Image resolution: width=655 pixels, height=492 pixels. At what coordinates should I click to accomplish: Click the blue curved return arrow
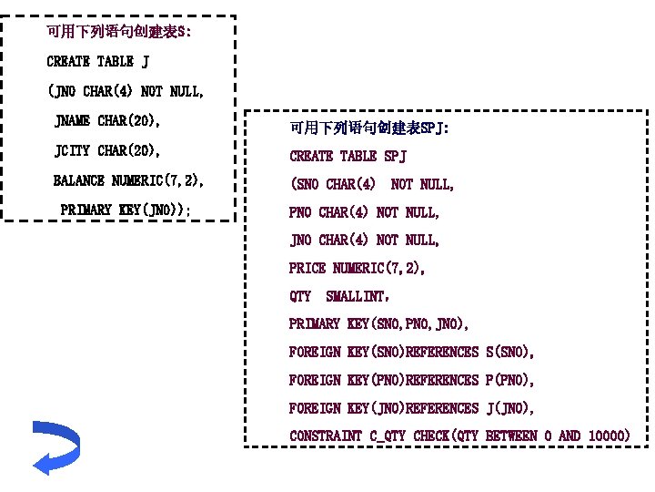tap(55, 446)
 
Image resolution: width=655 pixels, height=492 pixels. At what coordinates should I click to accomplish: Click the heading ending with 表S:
tap(119, 33)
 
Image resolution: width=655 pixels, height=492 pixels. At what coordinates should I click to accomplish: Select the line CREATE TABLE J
tap(98, 62)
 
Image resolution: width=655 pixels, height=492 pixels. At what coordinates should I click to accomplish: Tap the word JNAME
tap(72, 120)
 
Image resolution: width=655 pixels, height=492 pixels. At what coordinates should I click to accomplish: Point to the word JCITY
tap(72, 150)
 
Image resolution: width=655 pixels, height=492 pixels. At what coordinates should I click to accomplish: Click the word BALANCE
tap(79, 180)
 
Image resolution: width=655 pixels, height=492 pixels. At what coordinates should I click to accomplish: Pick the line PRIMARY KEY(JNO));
tap(126, 210)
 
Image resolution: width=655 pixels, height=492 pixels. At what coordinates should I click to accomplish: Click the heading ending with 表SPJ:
tap(368, 128)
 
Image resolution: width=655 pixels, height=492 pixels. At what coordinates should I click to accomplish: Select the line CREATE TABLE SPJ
tap(348, 157)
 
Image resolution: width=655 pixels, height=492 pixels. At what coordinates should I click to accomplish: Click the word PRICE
tap(307, 268)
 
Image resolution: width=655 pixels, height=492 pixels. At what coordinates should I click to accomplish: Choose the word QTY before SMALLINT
tap(300, 296)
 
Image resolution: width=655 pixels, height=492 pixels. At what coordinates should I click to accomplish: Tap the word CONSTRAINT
tap(326, 436)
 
